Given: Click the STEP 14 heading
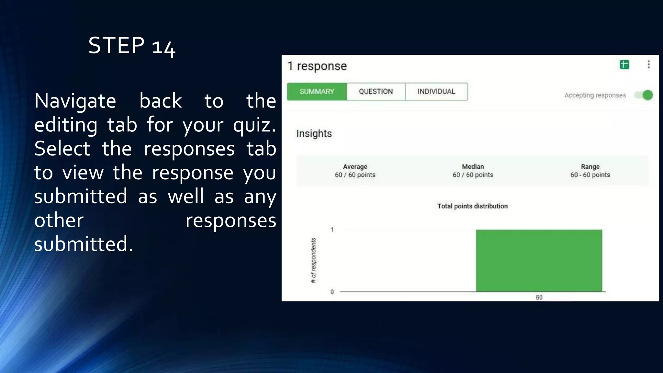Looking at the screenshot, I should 132,46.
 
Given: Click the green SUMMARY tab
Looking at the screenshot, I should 317,92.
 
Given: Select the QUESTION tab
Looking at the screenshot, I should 376,92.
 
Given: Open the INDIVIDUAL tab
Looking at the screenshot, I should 436,92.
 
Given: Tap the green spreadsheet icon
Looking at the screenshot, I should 624,65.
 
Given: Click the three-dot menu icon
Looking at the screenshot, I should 648,64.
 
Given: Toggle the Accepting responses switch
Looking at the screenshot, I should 644,95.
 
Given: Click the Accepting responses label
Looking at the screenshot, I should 595,95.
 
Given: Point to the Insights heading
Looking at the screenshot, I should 314,133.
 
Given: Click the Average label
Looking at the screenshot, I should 355,167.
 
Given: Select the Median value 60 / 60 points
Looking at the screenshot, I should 473,175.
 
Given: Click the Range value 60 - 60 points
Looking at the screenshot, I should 590,175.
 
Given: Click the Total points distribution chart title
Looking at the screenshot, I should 472,206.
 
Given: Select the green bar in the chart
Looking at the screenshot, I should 539,261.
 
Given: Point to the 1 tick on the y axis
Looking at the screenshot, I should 332,230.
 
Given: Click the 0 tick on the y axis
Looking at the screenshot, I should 332,292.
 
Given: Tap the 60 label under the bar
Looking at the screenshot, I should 539,297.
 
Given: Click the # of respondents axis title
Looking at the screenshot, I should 313,260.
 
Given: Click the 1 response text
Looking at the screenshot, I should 317,66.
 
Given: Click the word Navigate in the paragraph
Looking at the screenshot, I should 75,101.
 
